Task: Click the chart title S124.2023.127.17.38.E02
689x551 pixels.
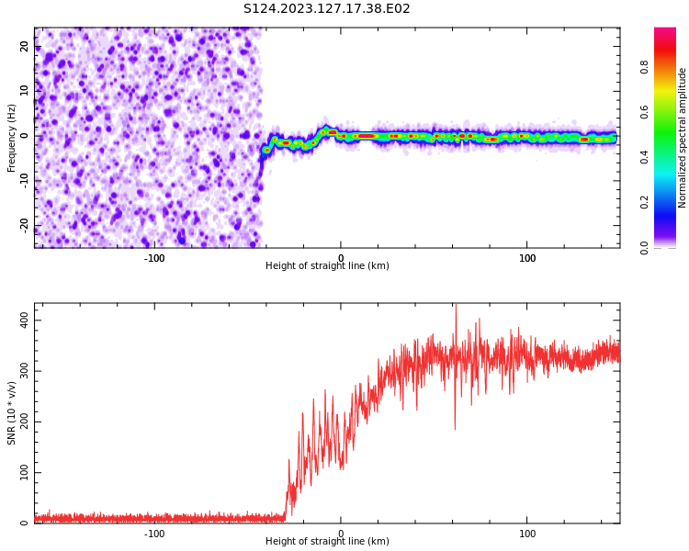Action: click(x=327, y=9)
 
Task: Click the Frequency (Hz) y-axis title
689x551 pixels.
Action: click(x=12, y=138)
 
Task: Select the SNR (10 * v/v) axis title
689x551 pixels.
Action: click(x=12, y=413)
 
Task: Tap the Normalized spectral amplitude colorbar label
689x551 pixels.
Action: click(x=683, y=138)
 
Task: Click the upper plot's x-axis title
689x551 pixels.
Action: click(x=327, y=266)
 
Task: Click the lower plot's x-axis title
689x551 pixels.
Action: click(x=327, y=542)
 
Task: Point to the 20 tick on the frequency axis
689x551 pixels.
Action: click(x=25, y=46)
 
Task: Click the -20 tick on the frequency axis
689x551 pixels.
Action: click(x=25, y=225)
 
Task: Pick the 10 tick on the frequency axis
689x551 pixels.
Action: click(x=25, y=91)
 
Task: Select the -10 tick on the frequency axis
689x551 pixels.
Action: click(x=25, y=180)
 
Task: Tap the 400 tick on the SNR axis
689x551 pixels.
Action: click(x=25, y=319)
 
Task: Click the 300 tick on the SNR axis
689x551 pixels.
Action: click(x=25, y=370)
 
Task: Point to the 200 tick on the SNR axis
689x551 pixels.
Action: click(x=25, y=422)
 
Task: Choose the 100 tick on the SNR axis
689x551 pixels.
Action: click(x=25, y=473)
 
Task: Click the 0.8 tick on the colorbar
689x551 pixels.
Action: click(x=644, y=66)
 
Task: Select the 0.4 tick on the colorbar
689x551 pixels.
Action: click(x=644, y=156)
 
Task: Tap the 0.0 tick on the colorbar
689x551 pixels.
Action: click(x=644, y=246)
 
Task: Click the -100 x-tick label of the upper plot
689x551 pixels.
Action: click(x=154, y=258)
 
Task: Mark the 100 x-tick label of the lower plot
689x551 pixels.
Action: click(x=527, y=534)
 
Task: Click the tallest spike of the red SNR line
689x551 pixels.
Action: click(x=455, y=306)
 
